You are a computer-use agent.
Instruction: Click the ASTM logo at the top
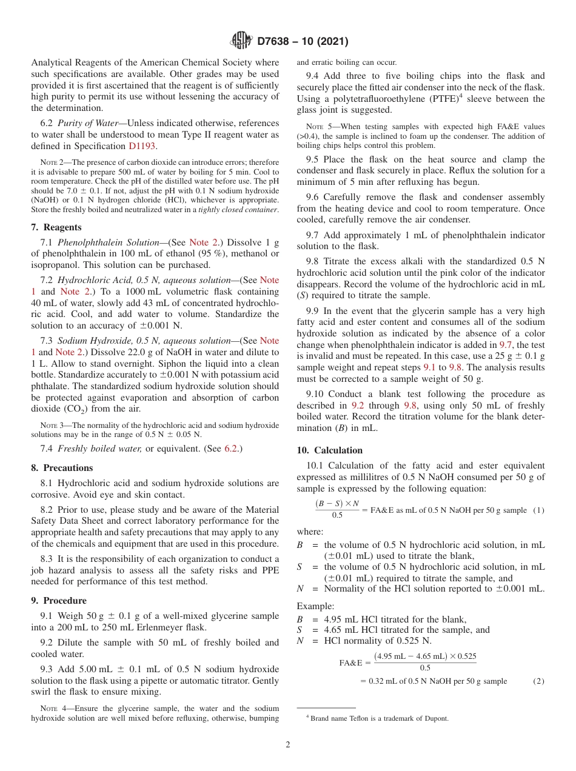[241, 41]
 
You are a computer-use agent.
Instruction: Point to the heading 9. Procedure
[58, 601]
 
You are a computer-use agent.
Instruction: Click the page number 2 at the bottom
[288, 744]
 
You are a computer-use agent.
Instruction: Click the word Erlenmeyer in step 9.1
[162, 628]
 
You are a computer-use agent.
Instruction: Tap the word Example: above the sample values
[315, 606]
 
